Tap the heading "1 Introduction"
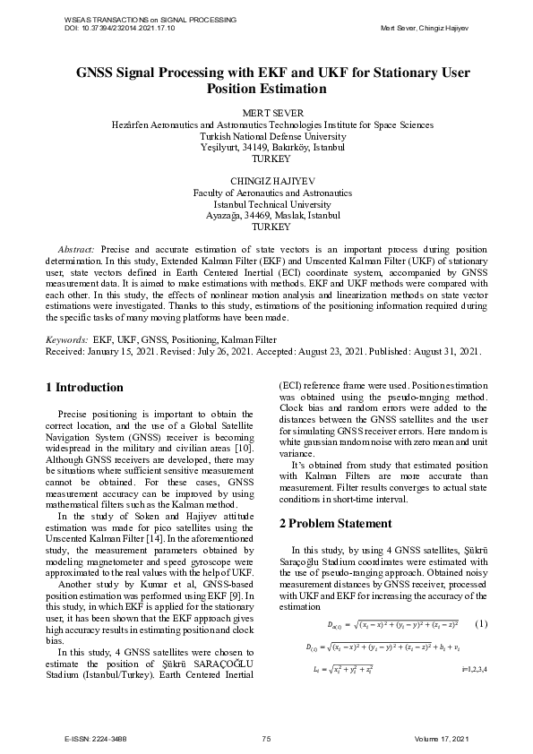(x=84, y=388)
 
